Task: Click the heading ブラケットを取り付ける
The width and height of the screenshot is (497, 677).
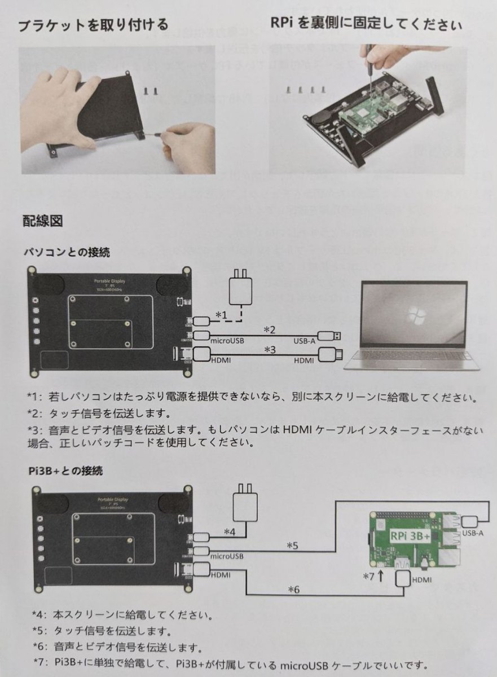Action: [x=93, y=25]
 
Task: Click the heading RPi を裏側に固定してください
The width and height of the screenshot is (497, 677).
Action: [x=367, y=25]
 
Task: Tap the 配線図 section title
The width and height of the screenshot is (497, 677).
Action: [x=42, y=220]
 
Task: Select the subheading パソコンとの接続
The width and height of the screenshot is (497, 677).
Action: [x=67, y=252]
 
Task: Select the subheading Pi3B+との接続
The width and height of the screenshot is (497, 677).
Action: [x=64, y=470]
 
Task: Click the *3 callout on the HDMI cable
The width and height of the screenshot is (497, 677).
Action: [x=270, y=350]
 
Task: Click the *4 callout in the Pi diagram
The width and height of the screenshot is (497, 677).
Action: [x=230, y=531]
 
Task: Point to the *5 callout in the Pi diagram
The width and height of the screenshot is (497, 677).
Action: [x=292, y=546]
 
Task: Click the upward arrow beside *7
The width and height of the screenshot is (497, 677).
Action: [x=381, y=577]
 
